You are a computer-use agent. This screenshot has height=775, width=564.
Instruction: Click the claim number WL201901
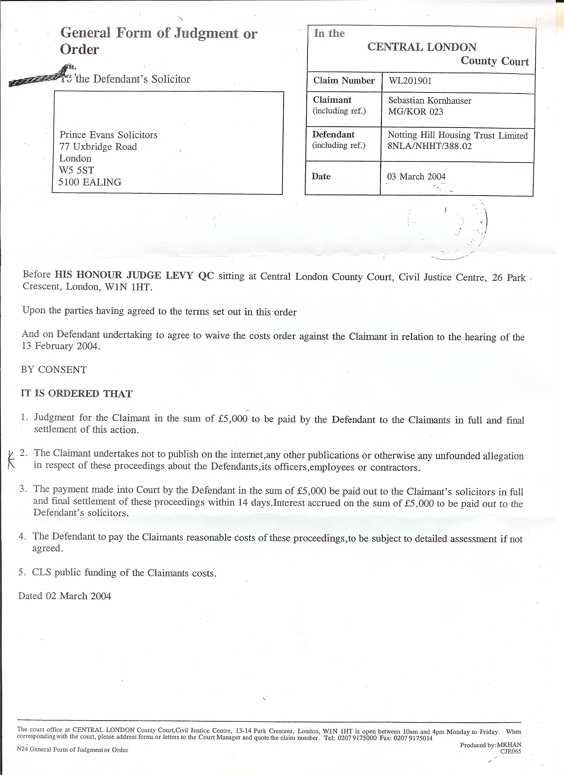click(x=410, y=81)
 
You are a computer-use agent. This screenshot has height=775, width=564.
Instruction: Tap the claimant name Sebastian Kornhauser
click(x=430, y=101)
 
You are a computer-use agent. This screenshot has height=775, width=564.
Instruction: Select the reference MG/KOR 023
click(x=415, y=112)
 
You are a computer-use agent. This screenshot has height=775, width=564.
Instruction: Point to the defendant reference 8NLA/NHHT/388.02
click(x=430, y=146)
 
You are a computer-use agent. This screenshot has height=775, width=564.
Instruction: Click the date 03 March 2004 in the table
click(x=416, y=177)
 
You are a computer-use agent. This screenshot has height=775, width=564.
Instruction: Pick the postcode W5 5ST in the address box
click(x=76, y=170)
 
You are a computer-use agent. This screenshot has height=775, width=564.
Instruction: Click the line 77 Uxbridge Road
click(x=98, y=147)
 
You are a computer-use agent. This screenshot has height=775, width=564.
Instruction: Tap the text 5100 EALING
click(x=90, y=182)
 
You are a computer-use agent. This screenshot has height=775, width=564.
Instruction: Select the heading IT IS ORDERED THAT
click(x=76, y=394)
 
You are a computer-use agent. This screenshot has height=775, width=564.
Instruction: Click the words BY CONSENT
click(x=54, y=370)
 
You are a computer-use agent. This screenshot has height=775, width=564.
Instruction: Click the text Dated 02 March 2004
click(x=65, y=596)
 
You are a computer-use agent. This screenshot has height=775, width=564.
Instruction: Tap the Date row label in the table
click(x=321, y=177)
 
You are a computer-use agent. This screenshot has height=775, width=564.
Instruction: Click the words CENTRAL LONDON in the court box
click(x=422, y=47)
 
